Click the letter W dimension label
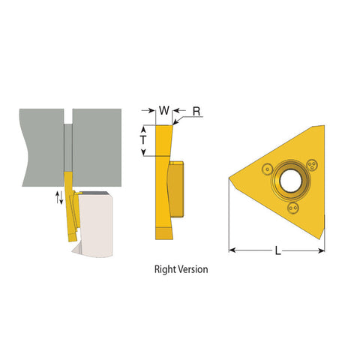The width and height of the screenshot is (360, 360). click(x=164, y=111)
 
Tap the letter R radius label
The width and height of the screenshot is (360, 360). click(x=196, y=111)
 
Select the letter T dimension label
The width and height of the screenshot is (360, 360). click(x=144, y=140)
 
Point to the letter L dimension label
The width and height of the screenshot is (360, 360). click(x=277, y=253)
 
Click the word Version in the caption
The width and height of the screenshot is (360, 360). click(x=193, y=268)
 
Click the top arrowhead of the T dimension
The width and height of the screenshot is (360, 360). click(x=144, y=127)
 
